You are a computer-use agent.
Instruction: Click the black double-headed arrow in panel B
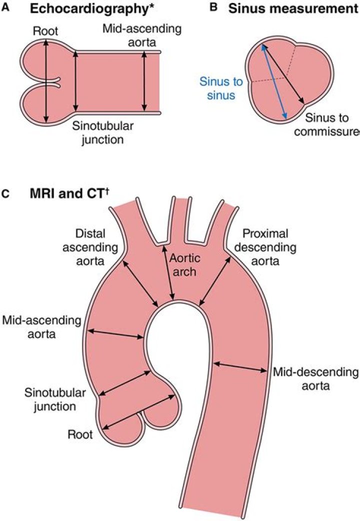pyautogui.click(x=283, y=72)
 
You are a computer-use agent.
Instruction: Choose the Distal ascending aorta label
pyautogui.click(x=96, y=247)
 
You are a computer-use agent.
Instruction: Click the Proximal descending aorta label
pyautogui.click(x=268, y=247)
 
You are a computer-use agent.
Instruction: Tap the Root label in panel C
pyautogui.click(x=80, y=434)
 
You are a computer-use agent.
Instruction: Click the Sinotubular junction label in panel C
pyautogui.click(x=49, y=399)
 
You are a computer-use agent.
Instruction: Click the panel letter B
pyautogui.click(x=214, y=8)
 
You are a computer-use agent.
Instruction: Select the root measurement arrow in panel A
pyautogui.click(x=46, y=81)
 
